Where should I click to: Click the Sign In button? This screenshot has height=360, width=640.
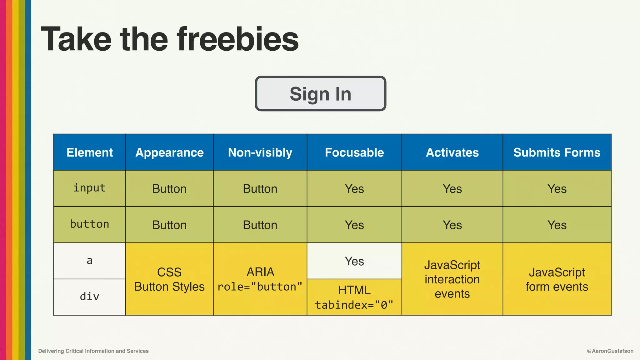coord(320,94)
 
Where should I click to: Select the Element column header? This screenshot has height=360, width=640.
coord(90,152)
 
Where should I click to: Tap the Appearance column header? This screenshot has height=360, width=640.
coord(169,152)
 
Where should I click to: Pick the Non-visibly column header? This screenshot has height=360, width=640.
coord(260,152)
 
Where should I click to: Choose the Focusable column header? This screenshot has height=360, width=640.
coord(354,152)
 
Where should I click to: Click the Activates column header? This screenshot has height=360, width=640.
coord(452,152)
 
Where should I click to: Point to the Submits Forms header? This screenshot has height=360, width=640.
coord(557,152)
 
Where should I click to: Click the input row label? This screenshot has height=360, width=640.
coord(90,188)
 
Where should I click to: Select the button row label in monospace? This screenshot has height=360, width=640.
coord(90,224)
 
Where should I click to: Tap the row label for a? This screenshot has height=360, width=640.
coord(90,261)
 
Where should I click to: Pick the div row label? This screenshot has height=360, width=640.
coord(90,297)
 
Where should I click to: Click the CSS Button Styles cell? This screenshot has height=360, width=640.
coord(169,279)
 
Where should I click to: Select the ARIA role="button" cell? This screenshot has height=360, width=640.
coord(260,279)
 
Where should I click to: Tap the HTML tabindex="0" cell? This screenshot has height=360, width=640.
coord(354,297)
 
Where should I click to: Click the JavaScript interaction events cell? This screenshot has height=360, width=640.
coord(452,279)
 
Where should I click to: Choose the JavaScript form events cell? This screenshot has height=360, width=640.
coord(557,279)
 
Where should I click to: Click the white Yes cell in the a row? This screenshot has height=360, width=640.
coord(354,261)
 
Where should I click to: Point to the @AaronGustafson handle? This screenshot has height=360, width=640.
coord(610,351)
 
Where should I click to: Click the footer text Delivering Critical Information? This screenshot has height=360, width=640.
coord(93,351)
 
